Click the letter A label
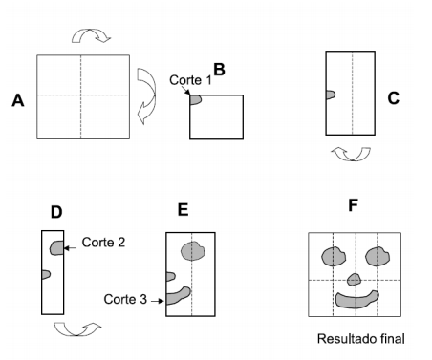(x=16, y=100)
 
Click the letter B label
(x=219, y=69)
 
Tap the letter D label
(x=55, y=211)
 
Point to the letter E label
(x=184, y=210)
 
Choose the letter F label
(x=355, y=204)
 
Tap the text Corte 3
(x=123, y=299)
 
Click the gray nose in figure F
(x=355, y=279)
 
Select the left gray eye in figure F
(x=333, y=256)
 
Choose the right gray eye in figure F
(x=377, y=256)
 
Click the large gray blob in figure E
(x=194, y=251)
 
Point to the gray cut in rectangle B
(x=195, y=99)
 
